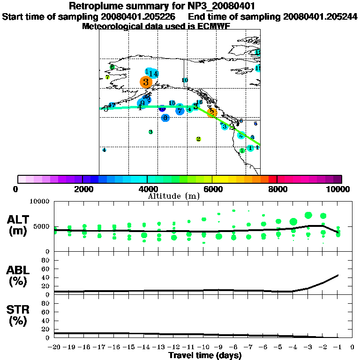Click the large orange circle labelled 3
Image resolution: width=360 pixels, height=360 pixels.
click(x=146, y=82)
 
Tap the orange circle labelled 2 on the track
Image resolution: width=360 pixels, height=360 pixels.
click(x=212, y=112)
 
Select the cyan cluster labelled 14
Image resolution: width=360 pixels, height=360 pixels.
click(x=152, y=73)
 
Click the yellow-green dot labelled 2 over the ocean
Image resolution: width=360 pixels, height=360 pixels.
click(x=198, y=139)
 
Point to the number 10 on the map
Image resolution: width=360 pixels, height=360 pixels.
click(x=185, y=80)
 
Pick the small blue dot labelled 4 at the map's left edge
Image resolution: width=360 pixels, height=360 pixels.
click(x=104, y=150)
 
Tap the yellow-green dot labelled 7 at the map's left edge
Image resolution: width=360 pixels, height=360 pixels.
click(x=107, y=77)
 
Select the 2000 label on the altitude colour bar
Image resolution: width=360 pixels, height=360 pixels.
click(x=82, y=189)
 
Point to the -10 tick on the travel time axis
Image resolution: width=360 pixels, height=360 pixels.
click(x=203, y=347)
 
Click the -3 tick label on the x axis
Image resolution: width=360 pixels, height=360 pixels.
click(x=307, y=347)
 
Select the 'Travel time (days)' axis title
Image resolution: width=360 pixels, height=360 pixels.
click(x=205, y=355)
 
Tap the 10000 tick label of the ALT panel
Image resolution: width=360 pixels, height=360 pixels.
click(x=39, y=202)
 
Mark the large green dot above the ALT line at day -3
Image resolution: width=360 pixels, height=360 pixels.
click(x=308, y=215)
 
